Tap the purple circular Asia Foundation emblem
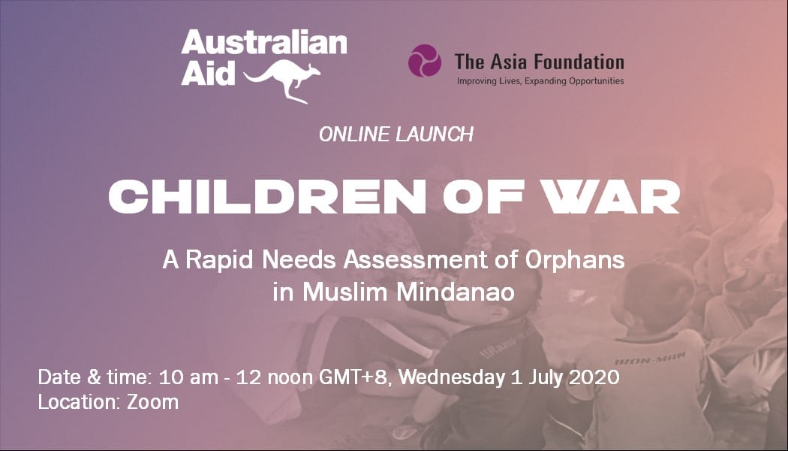[x=425, y=61]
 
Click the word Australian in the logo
[x=264, y=42]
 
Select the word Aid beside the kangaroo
[x=208, y=73]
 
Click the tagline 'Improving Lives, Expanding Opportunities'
[x=540, y=81]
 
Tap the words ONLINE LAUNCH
[x=396, y=135]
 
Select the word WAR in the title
[x=612, y=196]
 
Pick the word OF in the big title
[x=483, y=196]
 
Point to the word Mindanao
[x=456, y=292]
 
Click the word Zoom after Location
[x=152, y=402]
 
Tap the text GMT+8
[x=353, y=377]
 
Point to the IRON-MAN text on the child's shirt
[x=650, y=359]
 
